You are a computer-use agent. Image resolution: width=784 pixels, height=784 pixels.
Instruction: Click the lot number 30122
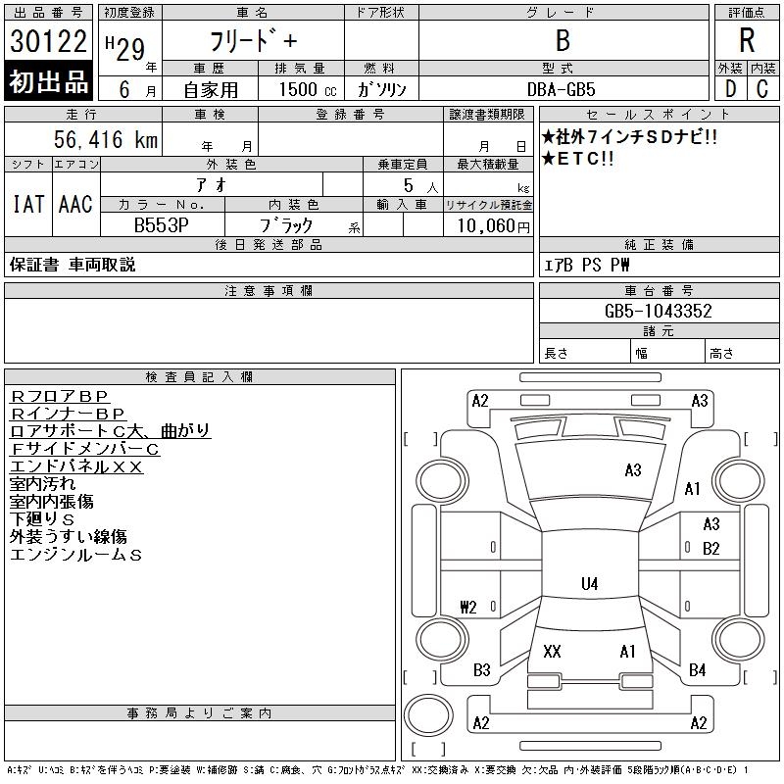48,42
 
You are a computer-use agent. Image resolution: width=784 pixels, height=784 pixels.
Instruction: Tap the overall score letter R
746,41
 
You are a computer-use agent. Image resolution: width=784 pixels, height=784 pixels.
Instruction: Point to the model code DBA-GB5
562,89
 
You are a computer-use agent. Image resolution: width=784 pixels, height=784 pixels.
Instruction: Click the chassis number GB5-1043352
658,311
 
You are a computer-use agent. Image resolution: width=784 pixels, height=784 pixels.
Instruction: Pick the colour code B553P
162,225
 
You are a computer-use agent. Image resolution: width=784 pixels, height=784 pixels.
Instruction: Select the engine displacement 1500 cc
299,89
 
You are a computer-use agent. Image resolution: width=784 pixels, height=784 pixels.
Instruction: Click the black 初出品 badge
48,82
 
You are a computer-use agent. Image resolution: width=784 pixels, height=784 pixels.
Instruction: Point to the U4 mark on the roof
589,584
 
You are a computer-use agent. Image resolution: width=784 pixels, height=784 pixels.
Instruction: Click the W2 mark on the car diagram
467,607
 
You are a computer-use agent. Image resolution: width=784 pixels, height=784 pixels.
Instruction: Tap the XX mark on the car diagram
552,652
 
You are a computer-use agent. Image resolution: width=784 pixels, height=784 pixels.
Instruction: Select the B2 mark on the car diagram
711,548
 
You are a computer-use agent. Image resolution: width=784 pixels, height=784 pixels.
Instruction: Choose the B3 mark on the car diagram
481,670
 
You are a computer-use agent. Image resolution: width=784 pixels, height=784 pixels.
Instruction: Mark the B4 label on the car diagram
697,670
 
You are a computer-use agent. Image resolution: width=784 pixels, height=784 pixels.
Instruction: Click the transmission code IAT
27,204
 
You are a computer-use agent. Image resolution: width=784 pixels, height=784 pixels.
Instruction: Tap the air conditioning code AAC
75,204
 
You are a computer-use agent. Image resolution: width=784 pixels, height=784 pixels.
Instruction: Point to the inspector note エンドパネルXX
76,466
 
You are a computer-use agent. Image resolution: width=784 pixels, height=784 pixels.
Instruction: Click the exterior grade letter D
728,89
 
